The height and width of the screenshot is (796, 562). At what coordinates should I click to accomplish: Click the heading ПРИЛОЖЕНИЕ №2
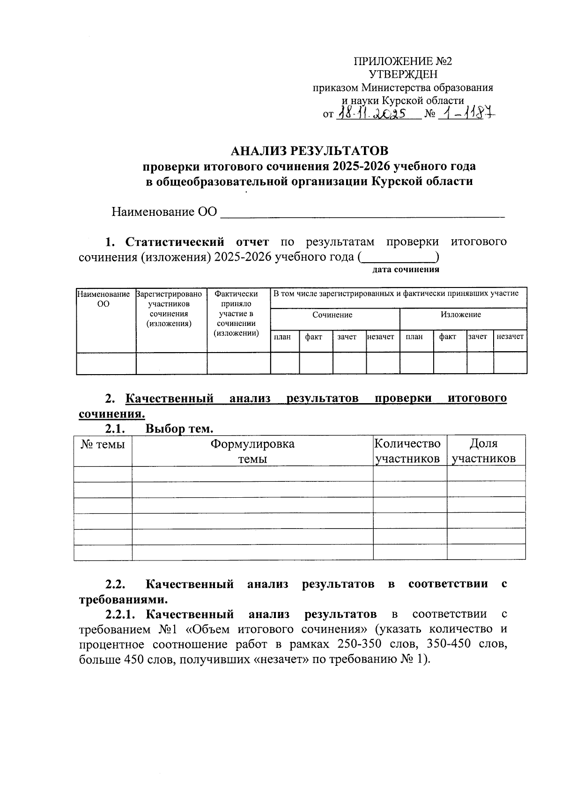(x=403, y=61)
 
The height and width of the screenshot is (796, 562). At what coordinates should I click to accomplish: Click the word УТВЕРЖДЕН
(x=403, y=74)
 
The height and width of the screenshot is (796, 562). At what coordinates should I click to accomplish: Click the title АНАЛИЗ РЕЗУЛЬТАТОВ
(x=310, y=151)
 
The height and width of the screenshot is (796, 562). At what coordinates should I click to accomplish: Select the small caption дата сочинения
(x=406, y=270)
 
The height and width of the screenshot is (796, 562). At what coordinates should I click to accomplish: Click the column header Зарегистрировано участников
(x=169, y=309)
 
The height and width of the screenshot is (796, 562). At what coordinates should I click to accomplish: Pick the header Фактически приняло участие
(x=236, y=313)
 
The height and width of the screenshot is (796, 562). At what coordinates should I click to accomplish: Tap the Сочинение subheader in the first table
(x=333, y=315)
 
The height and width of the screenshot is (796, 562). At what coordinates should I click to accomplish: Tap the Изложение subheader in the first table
(x=460, y=315)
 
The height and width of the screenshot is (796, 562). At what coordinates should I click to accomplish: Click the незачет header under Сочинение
(x=381, y=337)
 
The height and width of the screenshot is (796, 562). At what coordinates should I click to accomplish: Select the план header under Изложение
(x=414, y=337)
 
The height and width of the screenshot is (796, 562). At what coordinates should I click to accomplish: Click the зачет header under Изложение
(x=478, y=337)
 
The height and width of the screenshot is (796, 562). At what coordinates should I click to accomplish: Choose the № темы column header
(x=103, y=444)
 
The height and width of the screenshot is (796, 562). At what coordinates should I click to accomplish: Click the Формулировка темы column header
(x=252, y=451)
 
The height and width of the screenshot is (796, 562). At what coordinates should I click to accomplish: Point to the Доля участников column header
(x=484, y=451)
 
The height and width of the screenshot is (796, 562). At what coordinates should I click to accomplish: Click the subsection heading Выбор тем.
(x=179, y=428)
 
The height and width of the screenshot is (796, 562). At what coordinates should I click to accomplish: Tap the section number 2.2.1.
(x=120, y=614)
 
